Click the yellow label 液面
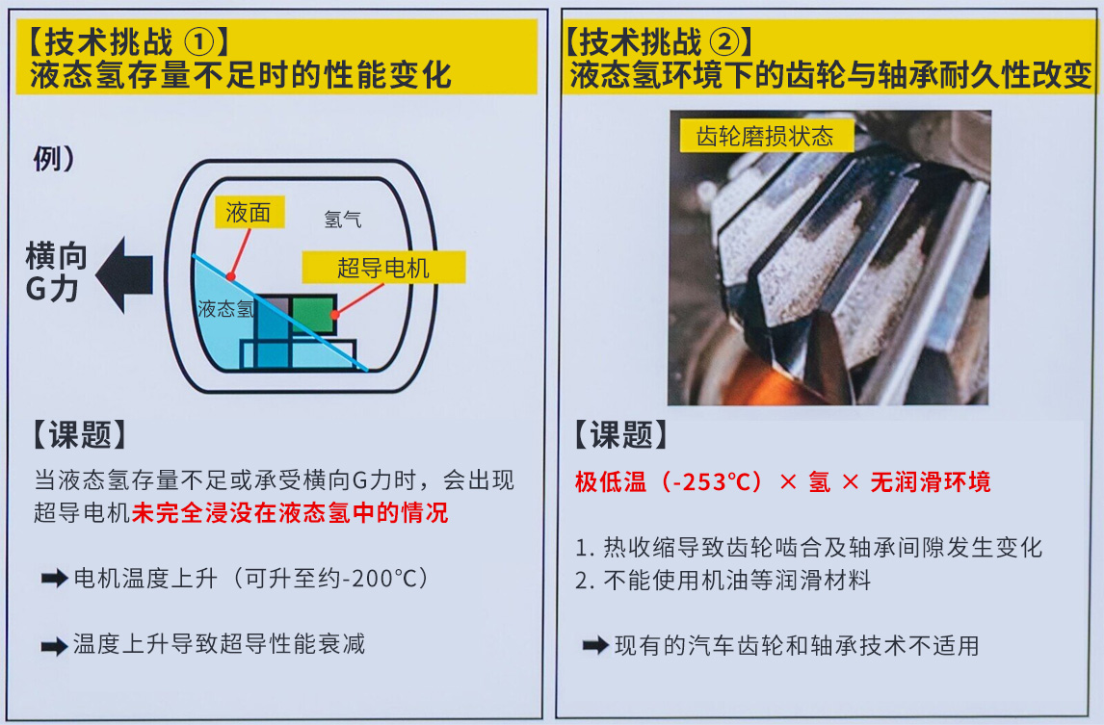coord(250,212)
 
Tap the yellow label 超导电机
coord(383,268)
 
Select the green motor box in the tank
coord(313,315)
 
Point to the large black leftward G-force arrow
coord(124,274)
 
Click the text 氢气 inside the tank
coord(343,220)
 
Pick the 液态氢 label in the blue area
coord(225,309)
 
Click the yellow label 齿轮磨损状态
coord(766,136)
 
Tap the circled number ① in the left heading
coord(198,43)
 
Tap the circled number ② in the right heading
coord(724,43)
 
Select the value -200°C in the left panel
coord(370,579)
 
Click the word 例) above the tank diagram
coord(54,158)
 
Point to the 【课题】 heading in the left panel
coord(80,434)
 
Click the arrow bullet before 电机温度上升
coord(54,579)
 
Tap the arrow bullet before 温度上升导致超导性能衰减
coord(54,645)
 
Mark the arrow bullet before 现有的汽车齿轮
coord(595,645)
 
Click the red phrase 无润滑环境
coord(931,482)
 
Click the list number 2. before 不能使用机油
coord(585,581)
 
